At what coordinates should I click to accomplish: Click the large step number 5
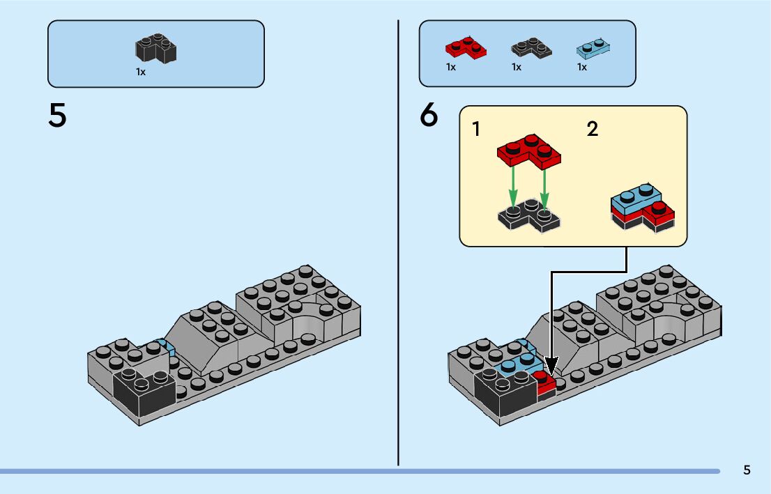pyautogui.click(x=57, y=116)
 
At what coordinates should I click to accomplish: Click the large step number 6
pyautogui.click(x=429, y=115)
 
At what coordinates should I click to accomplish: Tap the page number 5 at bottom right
pyautogui.click(x=747, y=470)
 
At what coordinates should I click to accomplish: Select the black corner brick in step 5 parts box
pyautogui.click(x=156, y=48)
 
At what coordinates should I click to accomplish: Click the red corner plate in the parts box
pyautogui.click(x=466, y=47)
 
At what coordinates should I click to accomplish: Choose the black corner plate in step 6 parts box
pyautogui.click(x=531, y=47)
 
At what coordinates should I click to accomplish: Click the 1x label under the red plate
pyautogui.click(x=451, y=67)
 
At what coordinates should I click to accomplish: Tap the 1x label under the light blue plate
pyautogui.click(x=581, y=67)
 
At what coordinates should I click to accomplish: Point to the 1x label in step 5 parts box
pyautogui.click(x=141, y=72)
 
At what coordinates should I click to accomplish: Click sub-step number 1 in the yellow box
pyautogui.click(x=475, y=129)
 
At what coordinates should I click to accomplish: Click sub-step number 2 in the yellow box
pyautogui.click(x=593, y=129)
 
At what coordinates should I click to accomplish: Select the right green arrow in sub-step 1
pyautogui.click(x=544, y=187)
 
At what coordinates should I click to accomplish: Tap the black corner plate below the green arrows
pyautogui.click(x=529, y=215)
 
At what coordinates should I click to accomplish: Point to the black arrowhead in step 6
pyautogui.click(x=551, y=366)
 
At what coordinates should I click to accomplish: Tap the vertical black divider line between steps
pyautogui.click(x=398, y=243)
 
